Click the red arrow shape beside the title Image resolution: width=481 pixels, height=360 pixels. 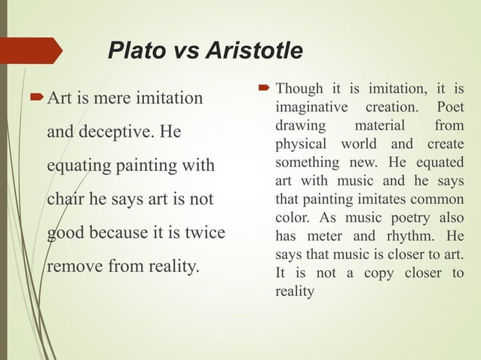(32, 50)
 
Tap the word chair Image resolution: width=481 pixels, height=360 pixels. (66, 200)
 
